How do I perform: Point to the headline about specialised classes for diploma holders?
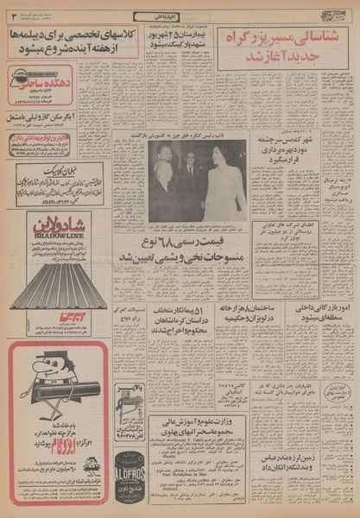(x=72, y=41)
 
